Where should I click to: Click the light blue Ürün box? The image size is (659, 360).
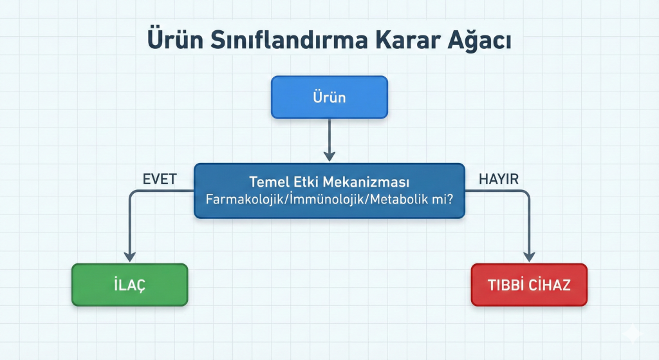point(329,97)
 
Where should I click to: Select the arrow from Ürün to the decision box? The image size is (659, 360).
point(329,140)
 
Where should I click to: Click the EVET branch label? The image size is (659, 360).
point(160,179)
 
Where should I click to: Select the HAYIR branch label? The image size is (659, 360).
point(499,179)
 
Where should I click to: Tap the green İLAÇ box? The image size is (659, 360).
point(130,285)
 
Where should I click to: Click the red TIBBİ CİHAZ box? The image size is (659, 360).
point(529,285)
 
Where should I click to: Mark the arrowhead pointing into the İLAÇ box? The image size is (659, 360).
point(130,256)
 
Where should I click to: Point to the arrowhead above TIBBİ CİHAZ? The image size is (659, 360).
point(529,256)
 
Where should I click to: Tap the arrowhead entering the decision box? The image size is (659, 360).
point(329,156)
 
